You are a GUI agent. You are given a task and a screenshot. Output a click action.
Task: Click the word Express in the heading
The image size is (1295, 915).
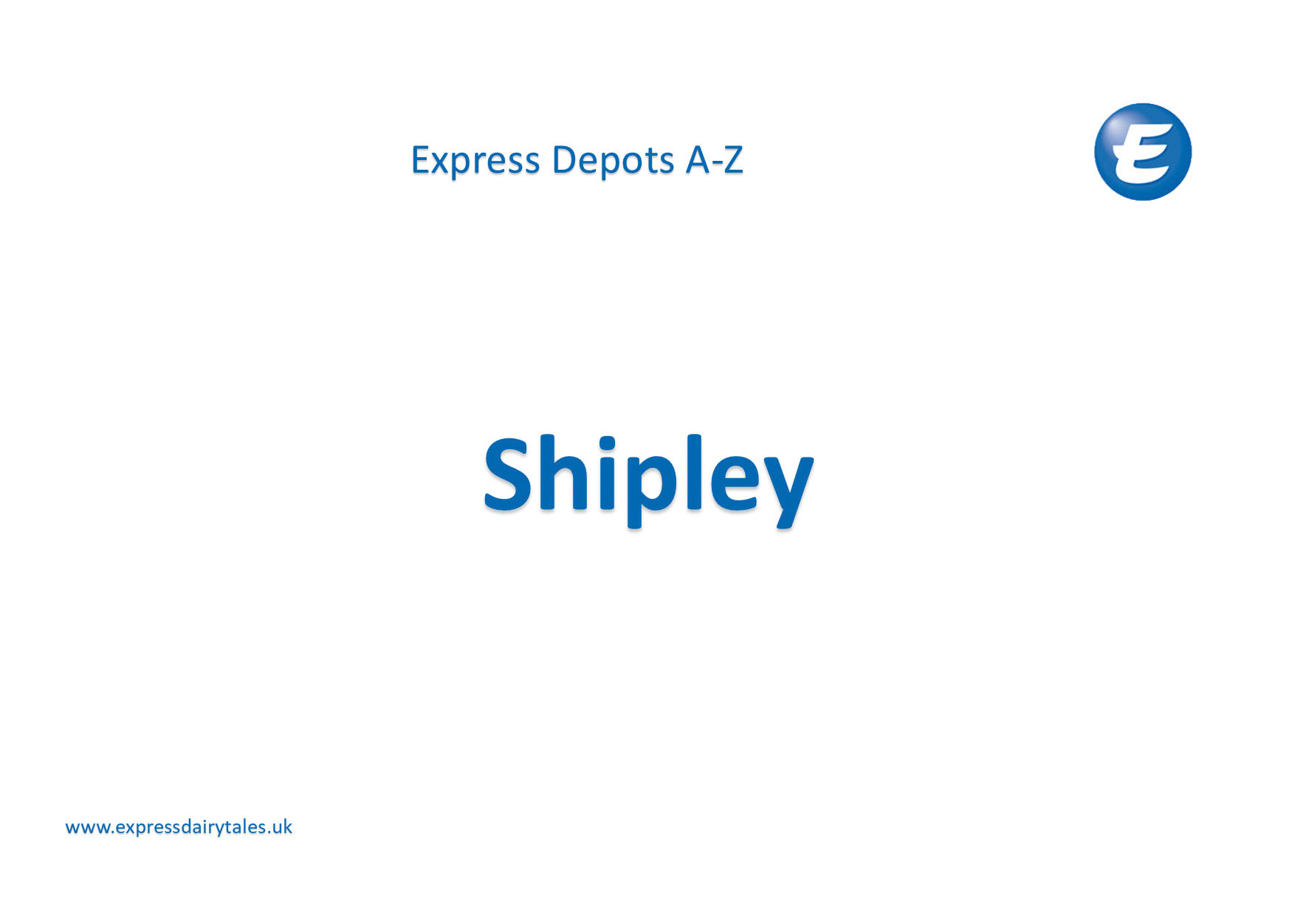click(475, 160)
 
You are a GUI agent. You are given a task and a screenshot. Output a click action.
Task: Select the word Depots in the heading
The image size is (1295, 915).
click(613, 160)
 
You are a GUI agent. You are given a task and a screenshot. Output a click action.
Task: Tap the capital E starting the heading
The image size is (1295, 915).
click(419, 160)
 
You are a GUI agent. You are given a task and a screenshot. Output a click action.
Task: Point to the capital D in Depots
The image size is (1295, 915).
click(564, 160)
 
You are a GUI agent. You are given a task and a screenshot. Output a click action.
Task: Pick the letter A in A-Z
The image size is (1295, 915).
click(698, 160)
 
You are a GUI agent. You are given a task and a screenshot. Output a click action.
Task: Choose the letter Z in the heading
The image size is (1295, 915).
click(733, 160)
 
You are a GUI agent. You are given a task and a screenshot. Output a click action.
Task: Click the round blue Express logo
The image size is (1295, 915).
click(1142, 152)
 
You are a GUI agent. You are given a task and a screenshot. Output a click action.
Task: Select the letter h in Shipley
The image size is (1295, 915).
click(564, 474)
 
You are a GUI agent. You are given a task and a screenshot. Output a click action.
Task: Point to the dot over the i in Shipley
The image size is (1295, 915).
click(607, 443)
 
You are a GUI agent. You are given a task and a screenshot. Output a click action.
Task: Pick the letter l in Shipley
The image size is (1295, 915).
click(693, 474)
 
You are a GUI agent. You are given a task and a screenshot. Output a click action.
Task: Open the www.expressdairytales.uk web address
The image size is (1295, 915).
click(179, 827)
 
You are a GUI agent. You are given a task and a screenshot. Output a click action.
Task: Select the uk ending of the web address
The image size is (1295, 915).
click(282, 827)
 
